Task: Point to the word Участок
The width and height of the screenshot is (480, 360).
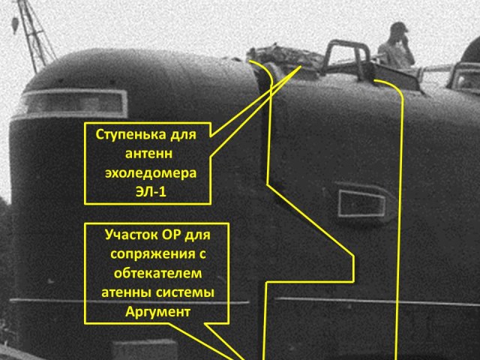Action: pos(132,234)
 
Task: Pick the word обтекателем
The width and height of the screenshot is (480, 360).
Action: pos(154,271)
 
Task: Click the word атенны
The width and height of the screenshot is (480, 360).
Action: pos(125,291)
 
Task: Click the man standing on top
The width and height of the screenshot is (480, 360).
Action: pos(395,46)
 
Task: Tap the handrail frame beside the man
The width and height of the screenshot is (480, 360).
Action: pos(346,56)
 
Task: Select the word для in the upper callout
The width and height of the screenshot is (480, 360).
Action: pos(187,136)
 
